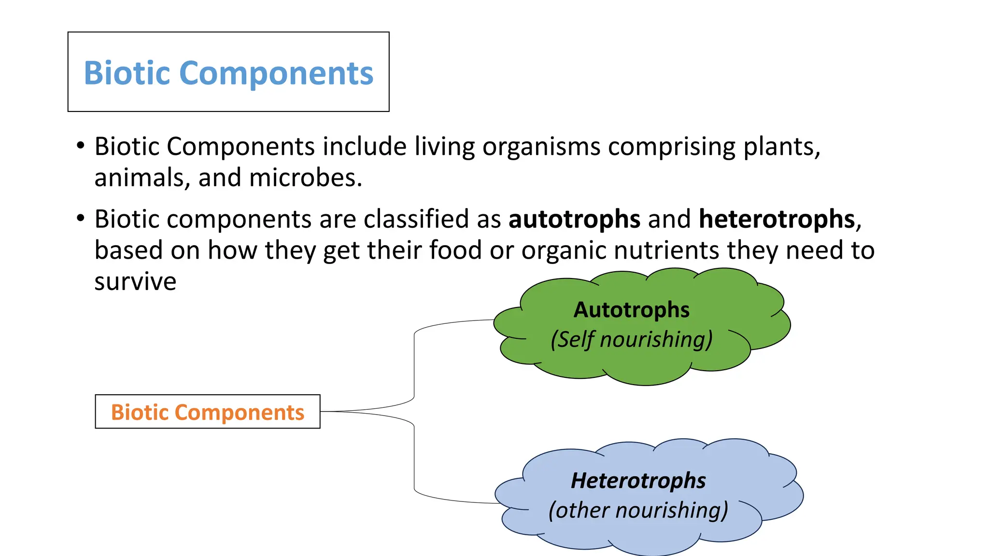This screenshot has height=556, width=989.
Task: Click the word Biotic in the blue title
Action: (127, 73)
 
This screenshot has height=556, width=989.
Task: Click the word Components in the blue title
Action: (276, 73)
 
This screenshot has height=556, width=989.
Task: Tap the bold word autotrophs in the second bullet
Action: (574, 220)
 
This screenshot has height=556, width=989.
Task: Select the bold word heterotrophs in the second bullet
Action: (777, 220)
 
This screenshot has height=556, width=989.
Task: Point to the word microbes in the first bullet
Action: (305, 178)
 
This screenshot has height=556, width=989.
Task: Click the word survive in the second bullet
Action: (135, 282)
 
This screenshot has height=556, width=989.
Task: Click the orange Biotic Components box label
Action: (208, 412)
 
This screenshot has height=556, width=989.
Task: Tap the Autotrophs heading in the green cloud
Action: (631, 310)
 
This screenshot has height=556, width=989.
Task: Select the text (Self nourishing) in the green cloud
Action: (631, 339)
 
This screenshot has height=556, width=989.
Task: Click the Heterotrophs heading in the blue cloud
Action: (638, 481)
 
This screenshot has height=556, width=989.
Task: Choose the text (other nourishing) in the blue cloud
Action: (638, 511)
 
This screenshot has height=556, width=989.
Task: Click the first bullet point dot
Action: (81, 145)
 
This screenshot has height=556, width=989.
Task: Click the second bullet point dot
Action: (81, 218)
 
